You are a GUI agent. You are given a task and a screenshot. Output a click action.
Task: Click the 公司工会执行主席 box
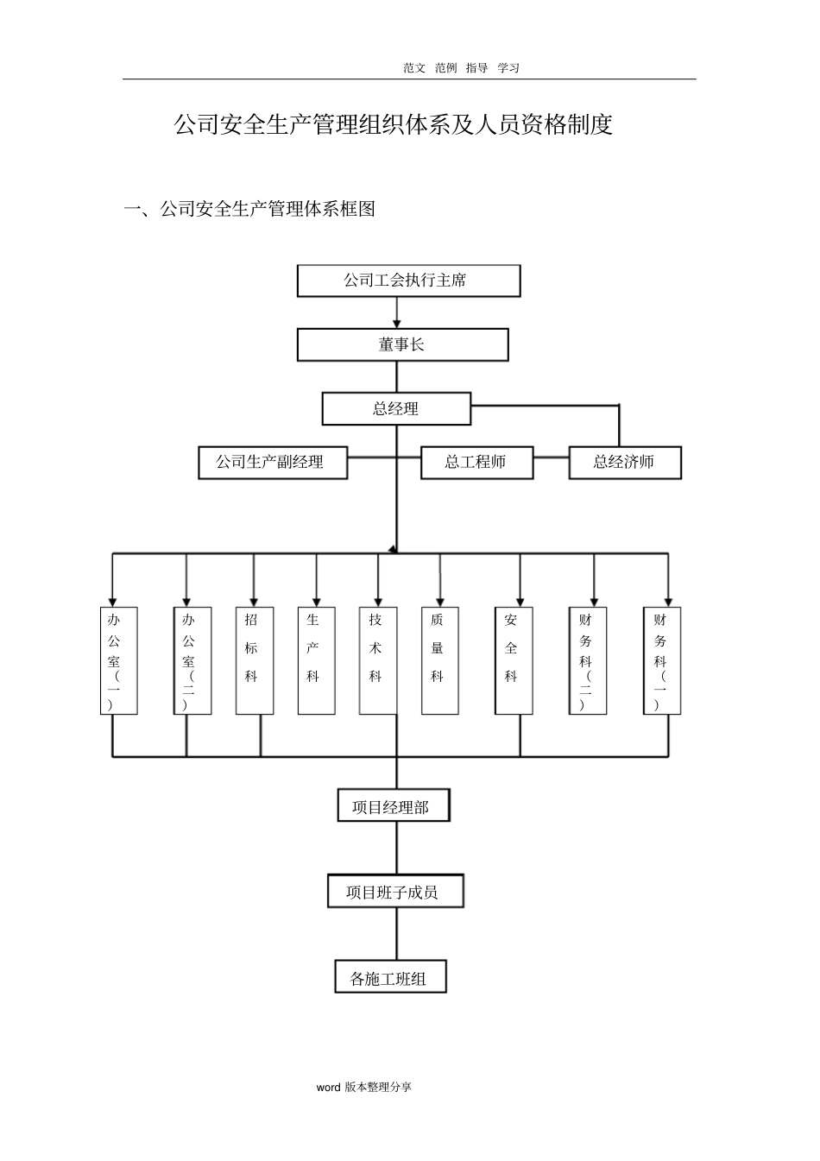[408, 281]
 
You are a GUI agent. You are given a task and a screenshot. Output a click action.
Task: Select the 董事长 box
[402, 345]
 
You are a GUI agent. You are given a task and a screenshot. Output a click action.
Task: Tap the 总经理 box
[396, 409]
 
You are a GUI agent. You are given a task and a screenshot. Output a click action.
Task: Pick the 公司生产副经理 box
[273, 463]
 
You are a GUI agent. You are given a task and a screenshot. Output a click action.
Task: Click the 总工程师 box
[476, 463]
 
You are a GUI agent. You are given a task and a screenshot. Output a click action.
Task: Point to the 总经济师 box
[624, 463]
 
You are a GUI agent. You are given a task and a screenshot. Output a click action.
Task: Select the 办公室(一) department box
[118, 661]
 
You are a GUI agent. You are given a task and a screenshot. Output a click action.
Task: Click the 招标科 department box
[254, 661]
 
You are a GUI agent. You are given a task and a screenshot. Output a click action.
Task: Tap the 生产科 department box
[316, 661]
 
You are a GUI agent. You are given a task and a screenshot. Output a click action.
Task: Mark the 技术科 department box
[378, 661]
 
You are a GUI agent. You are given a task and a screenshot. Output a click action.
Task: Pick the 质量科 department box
[439, 661]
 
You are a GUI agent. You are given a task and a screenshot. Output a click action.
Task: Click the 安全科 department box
[514, 661]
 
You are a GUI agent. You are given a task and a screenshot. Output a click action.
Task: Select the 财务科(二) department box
[588, 661]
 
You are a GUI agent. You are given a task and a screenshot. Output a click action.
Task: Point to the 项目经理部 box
[393, 807]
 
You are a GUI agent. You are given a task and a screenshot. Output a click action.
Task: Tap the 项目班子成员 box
[395, 892]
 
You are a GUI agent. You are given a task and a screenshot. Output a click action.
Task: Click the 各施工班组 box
[390, 978]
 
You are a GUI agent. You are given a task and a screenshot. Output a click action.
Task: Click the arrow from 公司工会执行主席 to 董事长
[397, 312]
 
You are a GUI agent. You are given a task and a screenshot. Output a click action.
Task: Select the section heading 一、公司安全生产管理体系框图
[249, 209]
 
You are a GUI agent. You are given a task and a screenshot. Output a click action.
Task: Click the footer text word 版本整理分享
[363, 1087]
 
